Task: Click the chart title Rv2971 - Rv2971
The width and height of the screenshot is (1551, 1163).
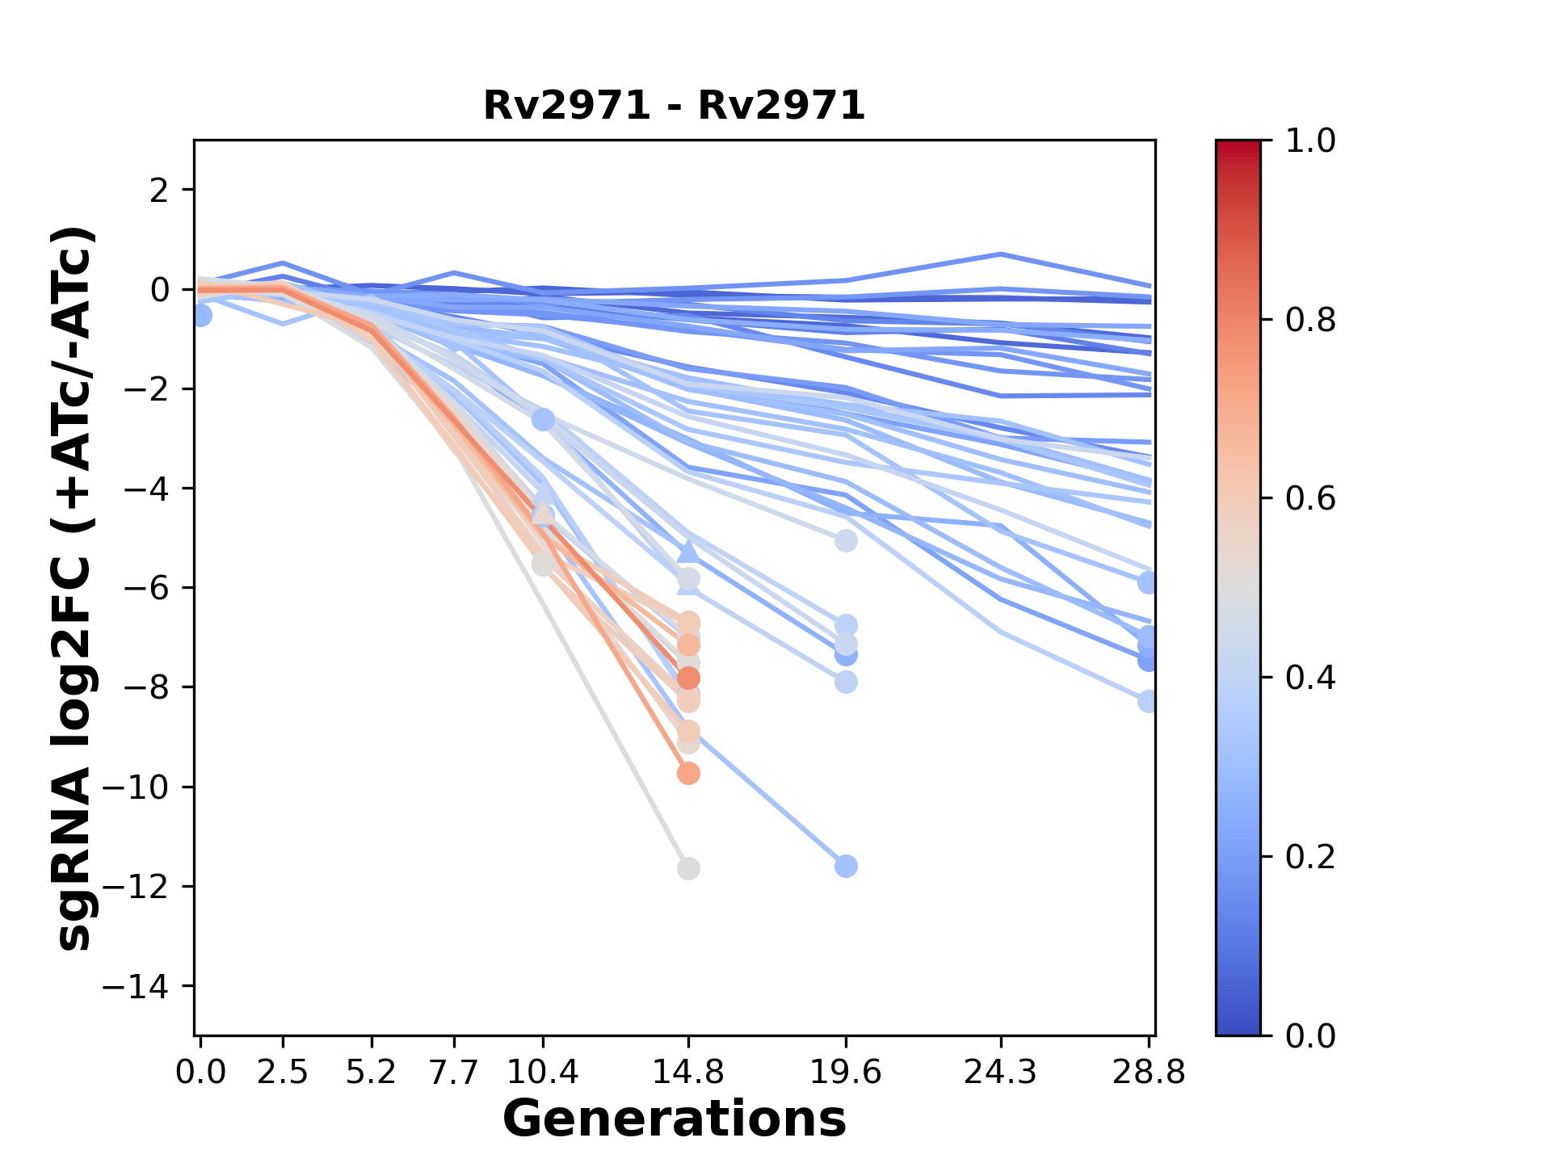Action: pyautogui.click(x=674, y=106)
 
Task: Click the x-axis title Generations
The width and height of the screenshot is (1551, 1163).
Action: pyautogui.click(x=674, y=1119)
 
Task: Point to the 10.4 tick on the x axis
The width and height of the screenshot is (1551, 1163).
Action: pyautogui.click(x=543, y=1073)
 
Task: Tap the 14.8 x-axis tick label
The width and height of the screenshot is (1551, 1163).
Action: pyautogui.click(x=688, y=1073)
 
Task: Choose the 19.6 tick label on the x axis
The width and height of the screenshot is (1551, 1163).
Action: pyautogui.click(x=846, y=1073)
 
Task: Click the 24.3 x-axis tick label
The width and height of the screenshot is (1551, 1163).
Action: pyautogui.click(x=1001, y=1073)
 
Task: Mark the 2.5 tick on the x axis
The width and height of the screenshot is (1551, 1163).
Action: pyautogui.click(x=283, y=1073)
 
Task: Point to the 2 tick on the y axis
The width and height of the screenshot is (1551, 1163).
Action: pyautogui.click(x=160, y=191)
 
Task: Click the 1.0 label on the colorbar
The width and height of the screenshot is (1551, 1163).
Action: pyautogui.click(x=1310, y=141)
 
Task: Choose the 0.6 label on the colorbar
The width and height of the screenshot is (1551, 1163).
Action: pyautogui.click(x=1310, y=499)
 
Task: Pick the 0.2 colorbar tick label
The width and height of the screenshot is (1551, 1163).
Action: pyautogui.click(x=1310, y=857)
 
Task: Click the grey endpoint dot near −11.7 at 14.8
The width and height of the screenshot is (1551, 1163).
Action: pyautogui.click(x=688, y=869)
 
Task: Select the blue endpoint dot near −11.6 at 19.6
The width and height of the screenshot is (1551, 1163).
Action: pyautogui.click(x=846, y=867)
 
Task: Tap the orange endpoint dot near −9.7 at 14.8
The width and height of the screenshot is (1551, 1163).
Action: pyautogui.click(x=688, y=774)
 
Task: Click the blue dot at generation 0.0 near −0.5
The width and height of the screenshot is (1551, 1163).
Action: pyautogui.click(x=201, y=316)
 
